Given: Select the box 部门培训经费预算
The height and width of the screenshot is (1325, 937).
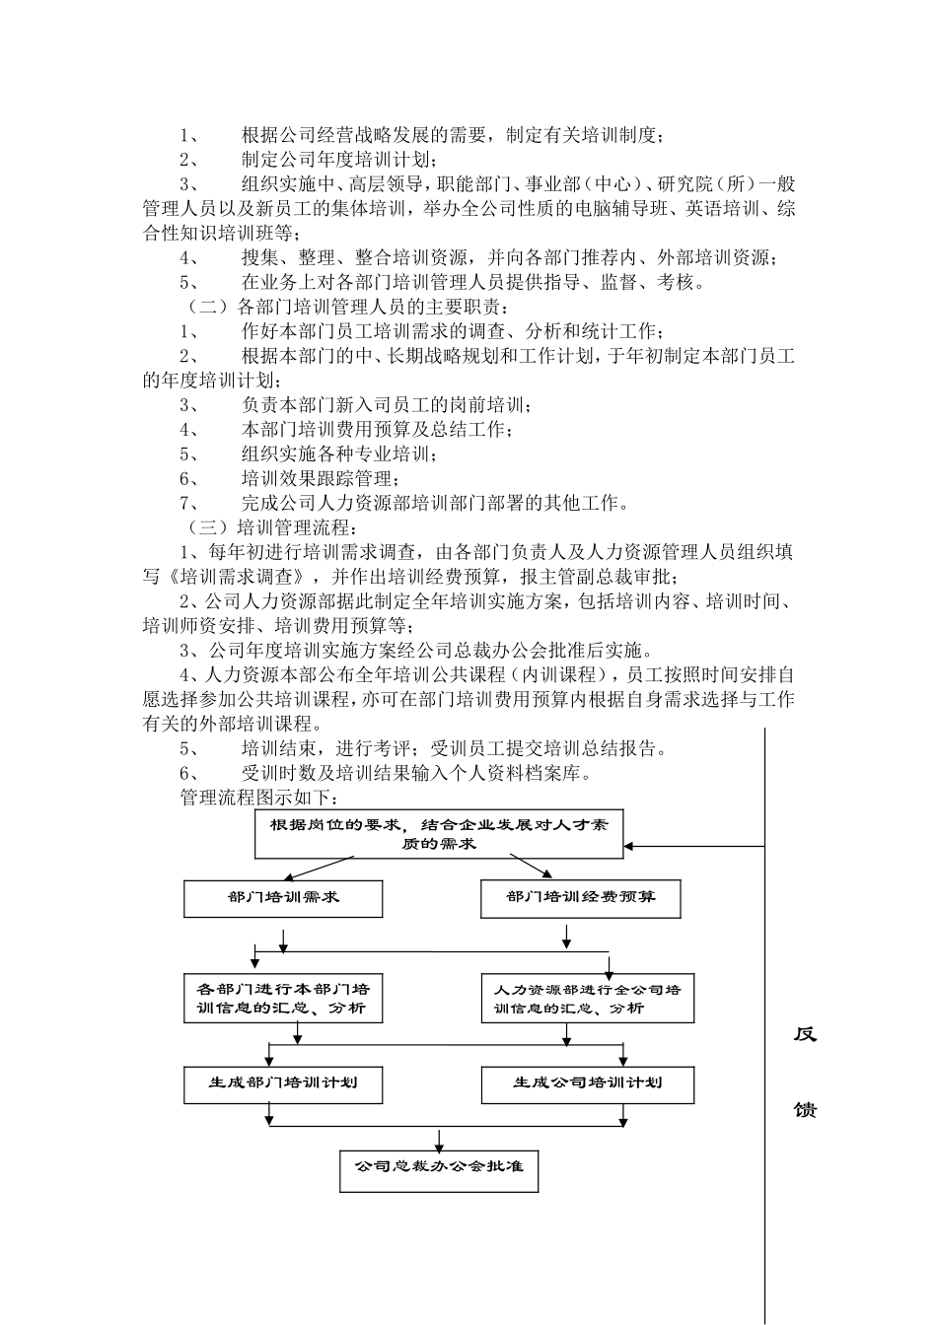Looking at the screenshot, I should [580, 898].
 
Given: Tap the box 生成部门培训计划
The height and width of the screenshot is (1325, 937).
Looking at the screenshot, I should [283, 1083].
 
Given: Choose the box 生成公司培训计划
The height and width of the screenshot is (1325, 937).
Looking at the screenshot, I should [587, 1083].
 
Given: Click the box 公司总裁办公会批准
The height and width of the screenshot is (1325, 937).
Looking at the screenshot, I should [439, 1167].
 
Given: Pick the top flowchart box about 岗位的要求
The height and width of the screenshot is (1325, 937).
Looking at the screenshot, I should [439, 834].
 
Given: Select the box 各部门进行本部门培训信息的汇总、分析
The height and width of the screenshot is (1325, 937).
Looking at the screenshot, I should [283, 998].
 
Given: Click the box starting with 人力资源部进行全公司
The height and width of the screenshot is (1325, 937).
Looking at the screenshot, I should [587, 998].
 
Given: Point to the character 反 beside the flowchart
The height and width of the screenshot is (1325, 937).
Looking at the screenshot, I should [805, 1035].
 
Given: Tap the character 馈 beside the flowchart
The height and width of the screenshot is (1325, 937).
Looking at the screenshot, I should [805, 1110].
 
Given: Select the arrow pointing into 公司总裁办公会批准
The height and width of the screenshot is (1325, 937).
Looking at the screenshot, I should [439, 1144].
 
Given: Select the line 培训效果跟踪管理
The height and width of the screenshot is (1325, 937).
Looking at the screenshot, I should [321, 479].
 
